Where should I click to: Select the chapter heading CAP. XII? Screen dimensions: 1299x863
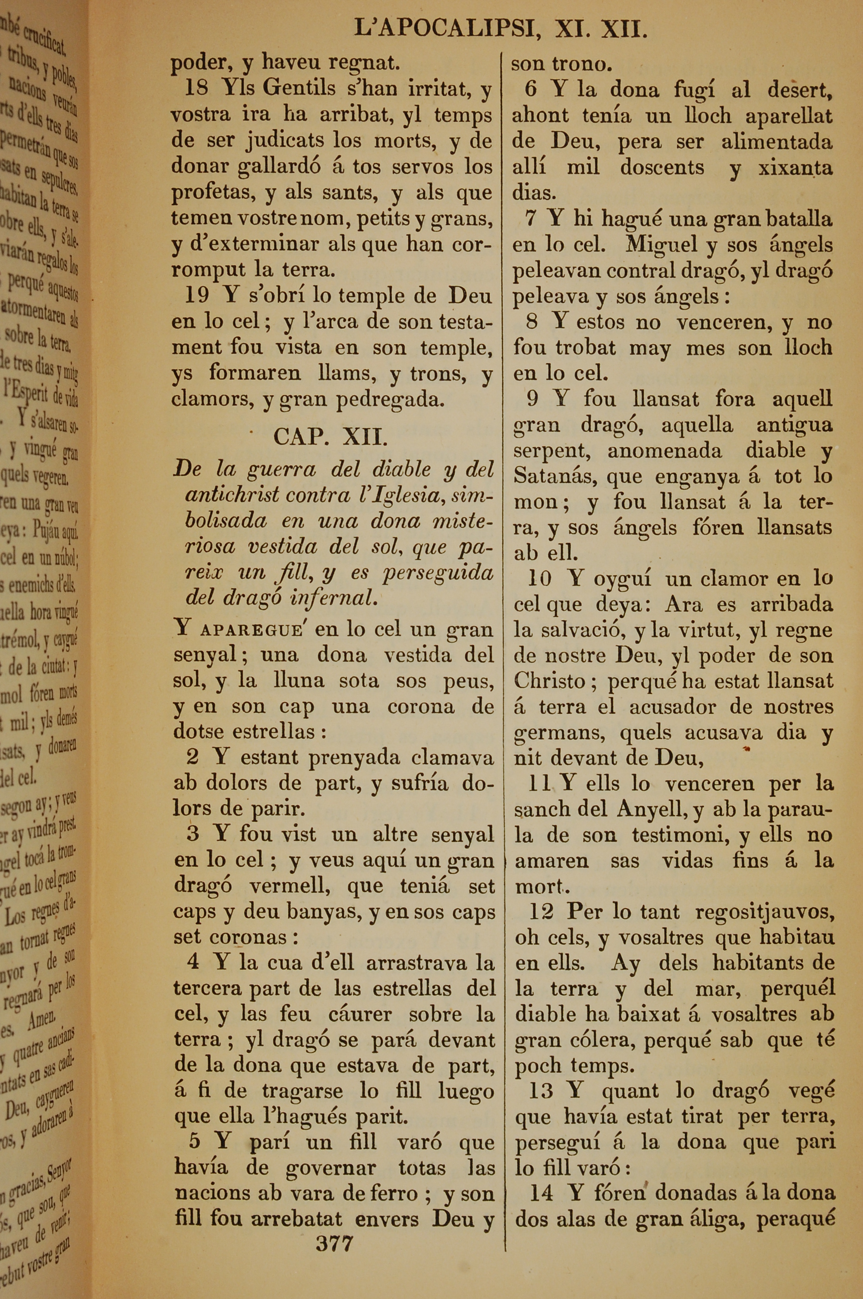331,437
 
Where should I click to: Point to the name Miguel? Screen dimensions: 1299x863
662,244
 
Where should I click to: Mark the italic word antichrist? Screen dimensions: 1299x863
232,495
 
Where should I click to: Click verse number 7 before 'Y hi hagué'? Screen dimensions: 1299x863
531,219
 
